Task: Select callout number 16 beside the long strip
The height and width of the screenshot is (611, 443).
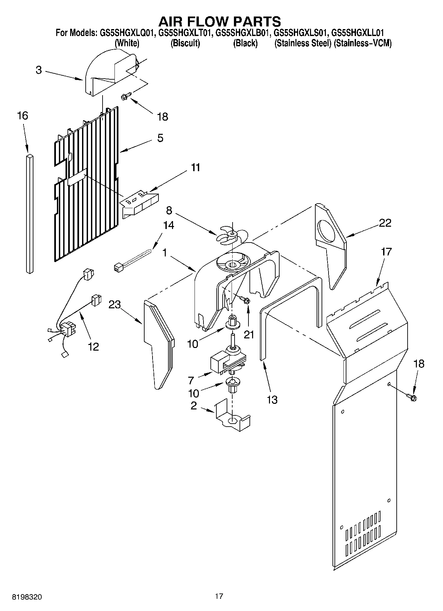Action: pos(22,116)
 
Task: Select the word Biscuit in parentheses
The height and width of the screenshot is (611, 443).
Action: pos(185,43)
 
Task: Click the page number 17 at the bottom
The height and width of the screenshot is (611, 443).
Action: pos(219,596)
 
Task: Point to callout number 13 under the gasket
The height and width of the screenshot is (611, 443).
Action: pos(272,400)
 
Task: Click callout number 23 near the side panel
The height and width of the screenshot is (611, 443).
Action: pos(115,305)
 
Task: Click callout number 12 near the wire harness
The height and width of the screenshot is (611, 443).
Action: pos(94,347)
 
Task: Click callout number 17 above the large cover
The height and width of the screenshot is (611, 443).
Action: pos(386,252)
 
